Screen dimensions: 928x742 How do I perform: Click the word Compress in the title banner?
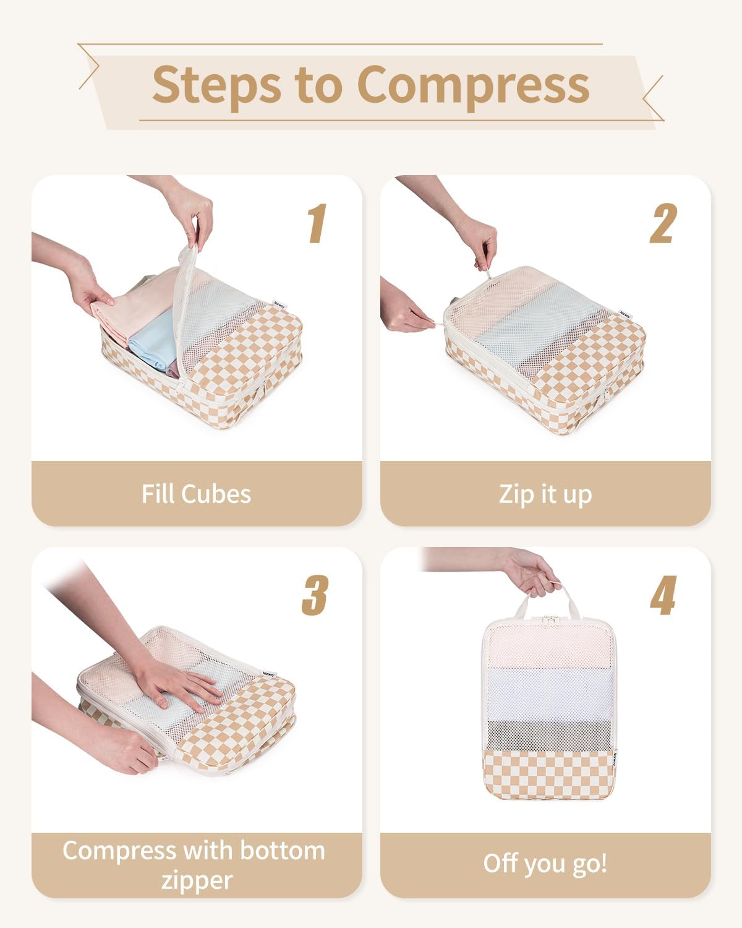coord(473,85)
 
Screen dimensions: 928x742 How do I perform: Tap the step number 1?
coord(317,224)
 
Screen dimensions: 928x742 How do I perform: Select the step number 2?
coord(663,224)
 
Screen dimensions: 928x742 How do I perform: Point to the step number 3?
coord(315,595)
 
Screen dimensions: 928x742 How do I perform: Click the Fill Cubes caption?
coord(196,494)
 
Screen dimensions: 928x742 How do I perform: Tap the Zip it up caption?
coord(545,494)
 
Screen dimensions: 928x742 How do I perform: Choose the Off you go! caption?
coord(545,864)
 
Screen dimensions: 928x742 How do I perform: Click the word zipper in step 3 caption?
coord(197,880)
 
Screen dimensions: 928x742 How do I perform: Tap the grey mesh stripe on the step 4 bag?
coord(548,734)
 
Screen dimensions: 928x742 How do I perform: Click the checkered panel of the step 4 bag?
coord(548,773)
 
